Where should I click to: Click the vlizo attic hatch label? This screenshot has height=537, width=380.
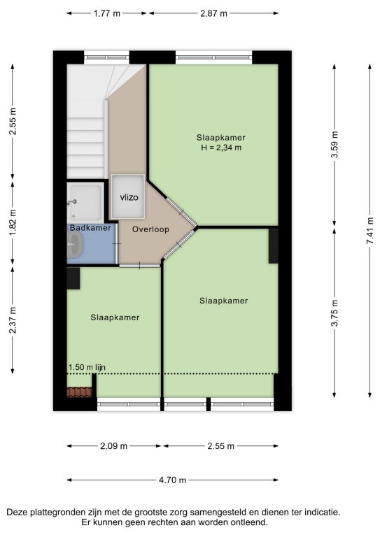[129, 197]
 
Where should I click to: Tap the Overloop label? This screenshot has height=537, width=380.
[150, 229]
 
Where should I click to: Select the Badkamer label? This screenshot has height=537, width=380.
[90, 228]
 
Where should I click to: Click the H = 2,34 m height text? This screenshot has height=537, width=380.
[221, 148]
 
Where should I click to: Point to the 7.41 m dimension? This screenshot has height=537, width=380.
[370, 231]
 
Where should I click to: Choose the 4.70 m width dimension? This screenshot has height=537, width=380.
[172, 480]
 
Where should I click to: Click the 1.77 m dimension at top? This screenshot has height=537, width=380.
[107, 13]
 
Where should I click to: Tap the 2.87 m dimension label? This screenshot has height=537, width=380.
[214, 13]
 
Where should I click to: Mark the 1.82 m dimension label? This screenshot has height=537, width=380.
[13, 222]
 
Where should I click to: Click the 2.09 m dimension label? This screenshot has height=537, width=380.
[114, 446]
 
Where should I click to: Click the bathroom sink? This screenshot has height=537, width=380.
[75, 244]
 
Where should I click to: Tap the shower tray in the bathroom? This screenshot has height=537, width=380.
[85, 202]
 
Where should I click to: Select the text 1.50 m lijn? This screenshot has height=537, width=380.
[87, 368]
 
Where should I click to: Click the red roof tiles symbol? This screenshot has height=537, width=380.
[80, 392]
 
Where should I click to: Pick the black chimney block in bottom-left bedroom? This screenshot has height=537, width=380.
[73, 278]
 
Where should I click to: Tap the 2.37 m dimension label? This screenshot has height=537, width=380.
[13, 320]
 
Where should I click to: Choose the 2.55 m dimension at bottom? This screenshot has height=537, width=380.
[220, 446]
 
